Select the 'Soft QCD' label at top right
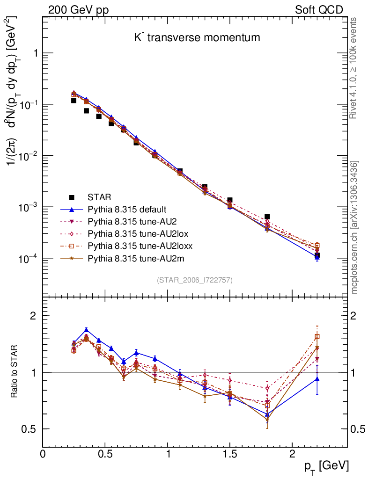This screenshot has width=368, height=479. click(x=319, y=10)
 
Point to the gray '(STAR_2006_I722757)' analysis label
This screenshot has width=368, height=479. click(x=195, y=280)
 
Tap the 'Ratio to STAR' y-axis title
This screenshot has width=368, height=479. click(x=15, y=372)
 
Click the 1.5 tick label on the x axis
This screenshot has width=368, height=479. click(x=229, y=454)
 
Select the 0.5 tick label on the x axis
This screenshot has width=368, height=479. click(x=105, y=454)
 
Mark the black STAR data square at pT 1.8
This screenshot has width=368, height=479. click(x=267, y=217)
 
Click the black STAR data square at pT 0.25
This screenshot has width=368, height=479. click(x=74, y=101)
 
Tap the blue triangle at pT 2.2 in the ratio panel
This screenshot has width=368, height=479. click(x=317, y=379)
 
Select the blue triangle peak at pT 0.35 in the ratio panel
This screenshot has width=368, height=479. click(x=86, y=330)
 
